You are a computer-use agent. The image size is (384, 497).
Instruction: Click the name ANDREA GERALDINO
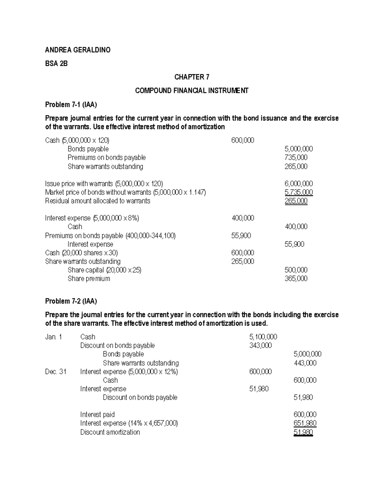coord(78,50)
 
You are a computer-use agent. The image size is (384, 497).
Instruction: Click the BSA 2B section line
coord(56,64)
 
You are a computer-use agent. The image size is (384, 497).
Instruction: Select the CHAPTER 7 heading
coord(192,77)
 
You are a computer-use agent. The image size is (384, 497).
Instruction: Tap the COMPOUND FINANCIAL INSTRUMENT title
coord(192,91)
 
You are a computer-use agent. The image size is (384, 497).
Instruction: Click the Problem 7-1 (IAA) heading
coord(71,105)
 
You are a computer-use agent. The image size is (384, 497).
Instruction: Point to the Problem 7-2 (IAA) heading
coord(71,301)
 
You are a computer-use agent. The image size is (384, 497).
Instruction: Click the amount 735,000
coord(296,157)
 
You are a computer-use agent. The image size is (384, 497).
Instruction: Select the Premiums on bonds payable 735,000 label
coord(107,157)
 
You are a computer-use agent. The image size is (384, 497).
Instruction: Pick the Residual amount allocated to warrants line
coord(98,201)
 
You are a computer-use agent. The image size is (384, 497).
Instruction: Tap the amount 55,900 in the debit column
coord(241,236)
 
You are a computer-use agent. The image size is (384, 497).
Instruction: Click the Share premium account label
coord(89,279)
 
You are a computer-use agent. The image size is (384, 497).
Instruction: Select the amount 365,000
coord(296,279)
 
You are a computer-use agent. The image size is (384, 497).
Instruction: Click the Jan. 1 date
coord(53,337)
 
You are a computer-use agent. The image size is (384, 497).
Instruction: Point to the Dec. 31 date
coord(56,372)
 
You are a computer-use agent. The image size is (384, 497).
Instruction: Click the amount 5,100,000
coord(263,337)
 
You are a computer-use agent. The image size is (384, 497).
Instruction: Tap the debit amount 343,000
coord(260,346)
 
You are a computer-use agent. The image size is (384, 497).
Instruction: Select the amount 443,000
coord(305,363)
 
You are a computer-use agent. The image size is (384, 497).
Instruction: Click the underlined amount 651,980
coord(305,423)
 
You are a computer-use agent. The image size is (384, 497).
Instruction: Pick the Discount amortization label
coord(110,432)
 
